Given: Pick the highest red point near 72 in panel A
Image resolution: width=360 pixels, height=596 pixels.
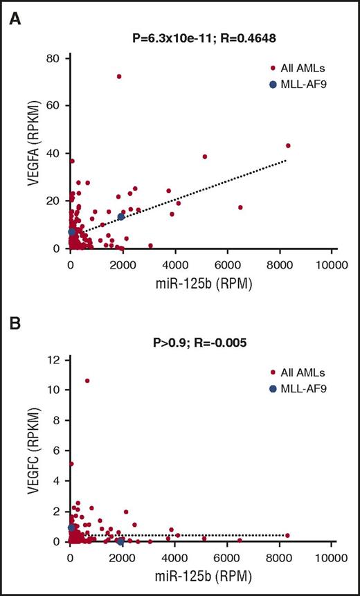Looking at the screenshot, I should pos(118,76).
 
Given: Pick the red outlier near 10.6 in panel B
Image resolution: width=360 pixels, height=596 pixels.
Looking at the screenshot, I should pos(87,381).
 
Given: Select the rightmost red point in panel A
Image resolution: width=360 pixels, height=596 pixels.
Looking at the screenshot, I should pos(288,145).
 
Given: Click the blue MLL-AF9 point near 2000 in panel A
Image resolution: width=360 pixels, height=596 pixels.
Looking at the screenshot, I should pos(121,217).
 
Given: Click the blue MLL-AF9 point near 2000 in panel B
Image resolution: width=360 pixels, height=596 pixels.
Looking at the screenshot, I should pos(120,541).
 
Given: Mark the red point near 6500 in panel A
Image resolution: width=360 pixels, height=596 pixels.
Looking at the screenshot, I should pos(240,207).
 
